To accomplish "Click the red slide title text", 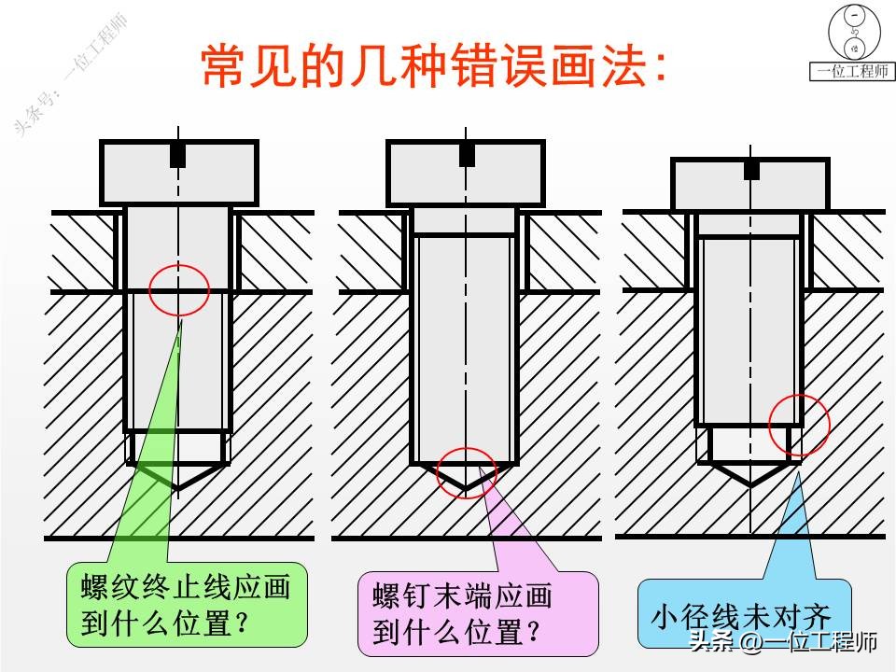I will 435,64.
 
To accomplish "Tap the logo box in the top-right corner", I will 852,42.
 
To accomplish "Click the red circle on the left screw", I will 179,288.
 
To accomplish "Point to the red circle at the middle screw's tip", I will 466,472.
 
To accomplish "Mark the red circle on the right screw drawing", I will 799,425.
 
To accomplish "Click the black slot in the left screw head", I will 177,155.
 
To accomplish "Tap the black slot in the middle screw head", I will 467,154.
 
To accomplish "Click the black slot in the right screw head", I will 751,169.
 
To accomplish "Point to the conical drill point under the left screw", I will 177,475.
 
